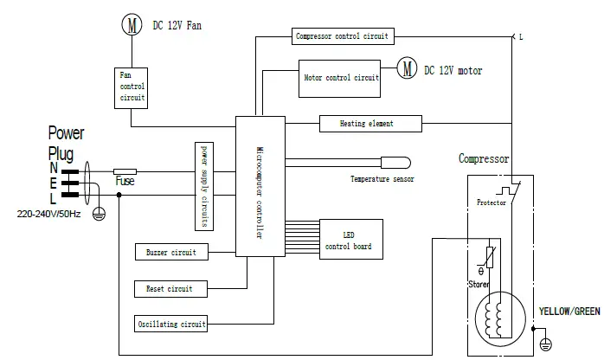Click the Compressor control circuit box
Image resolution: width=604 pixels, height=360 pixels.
(x=344, y=36)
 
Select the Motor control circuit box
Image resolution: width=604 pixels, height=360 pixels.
(x=341, y=77)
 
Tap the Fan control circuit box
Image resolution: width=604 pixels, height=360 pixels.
(x=132, y=88)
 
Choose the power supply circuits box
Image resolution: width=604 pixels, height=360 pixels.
(x=204, y=186)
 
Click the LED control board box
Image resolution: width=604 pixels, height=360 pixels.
(x=348, y=241)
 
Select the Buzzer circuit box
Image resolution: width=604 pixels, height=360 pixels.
(x=171, y=253)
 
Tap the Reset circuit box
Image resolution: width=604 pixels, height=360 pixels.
(x=170, y=288)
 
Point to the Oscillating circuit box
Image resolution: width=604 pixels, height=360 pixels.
(x=171, y=325)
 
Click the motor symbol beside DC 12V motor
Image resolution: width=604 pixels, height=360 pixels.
(x=407, y=69)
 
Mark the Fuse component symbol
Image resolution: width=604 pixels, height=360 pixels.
(x=125, y=172)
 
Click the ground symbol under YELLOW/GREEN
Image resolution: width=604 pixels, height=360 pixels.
(x=544, y=344)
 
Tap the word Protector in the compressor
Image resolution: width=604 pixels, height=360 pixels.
(x=492, y=202)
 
